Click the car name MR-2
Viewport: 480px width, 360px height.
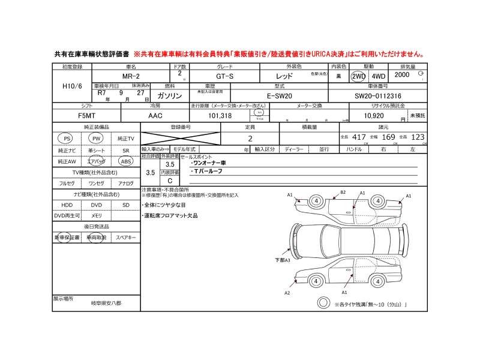coord(131,77)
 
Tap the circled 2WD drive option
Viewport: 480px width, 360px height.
coord(358,77)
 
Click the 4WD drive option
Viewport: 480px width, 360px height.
coord(377,77)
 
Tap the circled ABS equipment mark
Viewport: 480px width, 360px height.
coord(126,161)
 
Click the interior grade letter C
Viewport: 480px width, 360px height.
coord(170,180)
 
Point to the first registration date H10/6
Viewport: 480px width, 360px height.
coord(72,86)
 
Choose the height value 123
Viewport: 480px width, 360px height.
coord(418,137)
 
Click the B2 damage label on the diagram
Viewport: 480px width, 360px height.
coord(343,192)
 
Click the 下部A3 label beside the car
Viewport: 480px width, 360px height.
coord(282,260)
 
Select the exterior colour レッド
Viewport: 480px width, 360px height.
coord(284,77)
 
